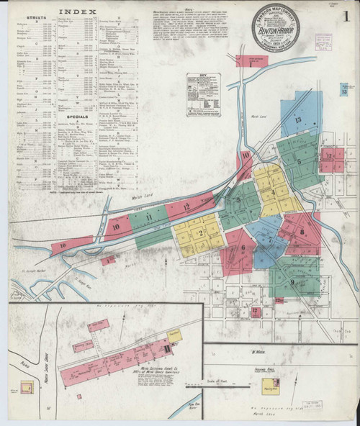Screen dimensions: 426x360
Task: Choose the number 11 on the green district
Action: tap(149, 216)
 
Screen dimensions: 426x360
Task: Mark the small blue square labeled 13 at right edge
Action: tap(345, 90)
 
